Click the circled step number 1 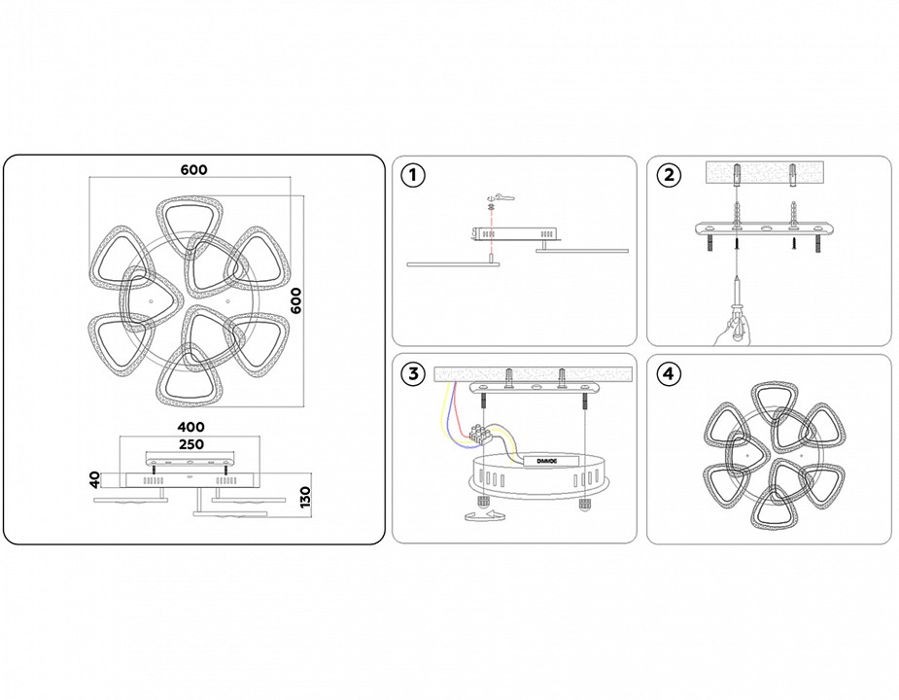[414, 176]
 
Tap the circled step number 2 [668, 176]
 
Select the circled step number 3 [414, 374]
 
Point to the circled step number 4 [668, 374]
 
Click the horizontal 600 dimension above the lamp [193, 169]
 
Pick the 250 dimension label [191, 443]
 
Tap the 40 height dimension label [93, 478]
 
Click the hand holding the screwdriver [727, 332]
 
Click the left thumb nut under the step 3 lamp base [481, 502]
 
